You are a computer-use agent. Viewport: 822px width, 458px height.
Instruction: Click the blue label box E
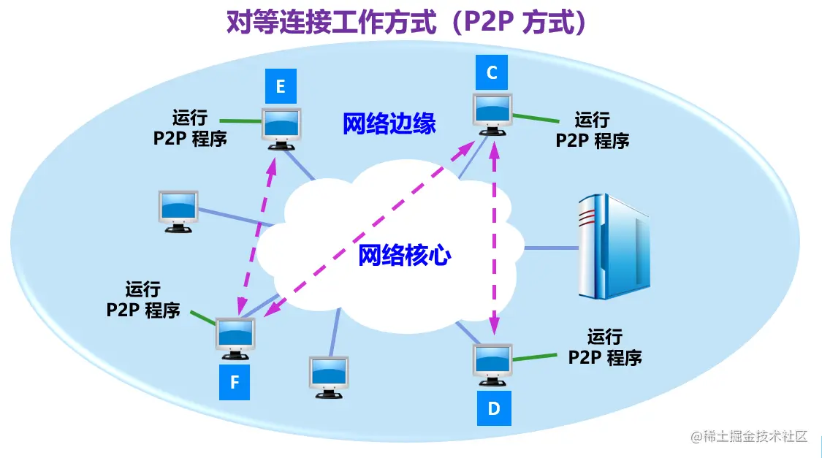(x=281, y=87)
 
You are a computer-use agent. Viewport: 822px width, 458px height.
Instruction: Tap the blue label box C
(x=492, y=72)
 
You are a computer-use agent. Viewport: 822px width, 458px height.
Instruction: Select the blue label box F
(x=235, y=382)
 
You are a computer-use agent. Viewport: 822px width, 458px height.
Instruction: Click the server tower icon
(x=612, y=246)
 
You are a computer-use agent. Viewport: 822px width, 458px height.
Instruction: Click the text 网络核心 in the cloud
(x=404, y=255)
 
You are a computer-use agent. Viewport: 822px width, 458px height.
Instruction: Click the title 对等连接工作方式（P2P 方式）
(x=408, y=23)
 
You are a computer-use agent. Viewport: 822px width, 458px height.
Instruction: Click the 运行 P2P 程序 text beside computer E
(x=190, y=128)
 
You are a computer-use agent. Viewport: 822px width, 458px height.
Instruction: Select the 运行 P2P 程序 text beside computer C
(x=592, y=130)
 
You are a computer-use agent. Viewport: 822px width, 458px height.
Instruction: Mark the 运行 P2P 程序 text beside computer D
(x=605, y=347)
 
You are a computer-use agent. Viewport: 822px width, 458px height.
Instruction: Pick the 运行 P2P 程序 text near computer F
(x=143, y=299)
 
